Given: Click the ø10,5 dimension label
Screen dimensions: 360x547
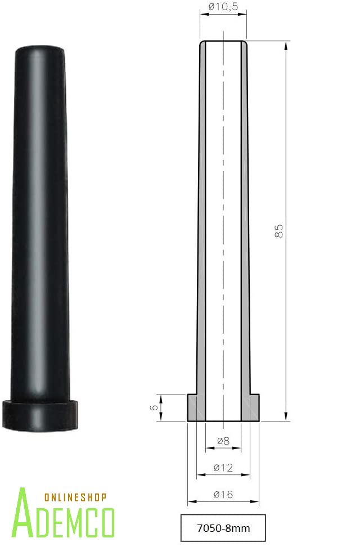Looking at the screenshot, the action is point(223,7).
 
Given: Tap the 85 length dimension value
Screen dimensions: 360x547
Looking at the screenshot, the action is point(279,231).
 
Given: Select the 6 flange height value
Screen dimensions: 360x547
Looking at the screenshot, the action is point(154,407).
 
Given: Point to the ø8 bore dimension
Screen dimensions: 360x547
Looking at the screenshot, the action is point(223,441).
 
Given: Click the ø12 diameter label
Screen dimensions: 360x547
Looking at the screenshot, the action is point(223,468).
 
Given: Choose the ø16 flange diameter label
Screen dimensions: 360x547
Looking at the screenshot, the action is point(223,494).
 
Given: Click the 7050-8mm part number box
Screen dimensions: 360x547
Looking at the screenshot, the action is point(223,528).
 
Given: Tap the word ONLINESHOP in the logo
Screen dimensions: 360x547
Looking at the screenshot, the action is point(75,497).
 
